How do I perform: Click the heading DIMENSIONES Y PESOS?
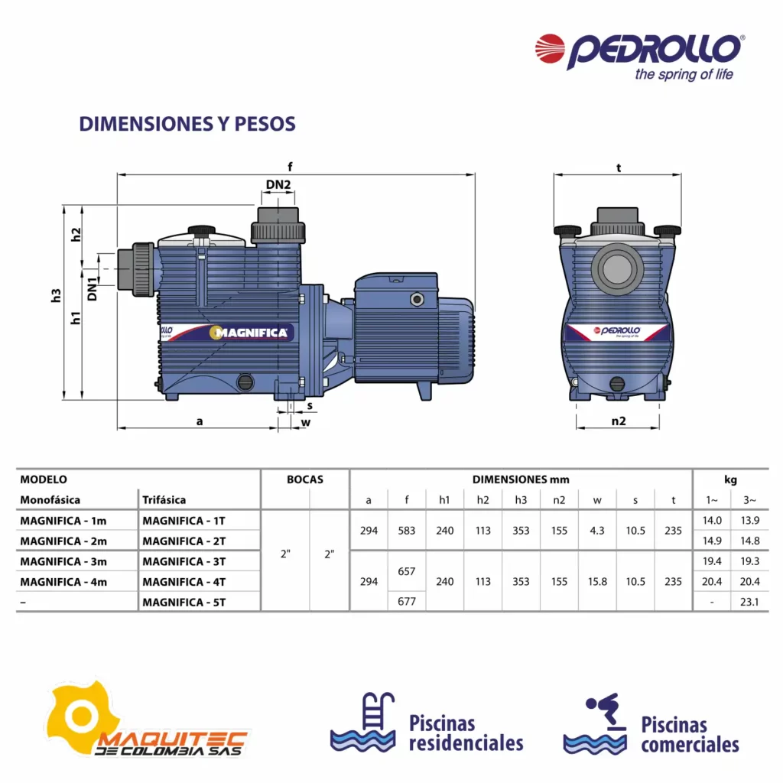187,124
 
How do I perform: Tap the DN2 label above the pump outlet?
278,185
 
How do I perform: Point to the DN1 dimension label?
92,289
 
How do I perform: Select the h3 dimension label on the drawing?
56,296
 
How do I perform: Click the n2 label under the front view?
618,421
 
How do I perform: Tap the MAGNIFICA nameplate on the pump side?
251,333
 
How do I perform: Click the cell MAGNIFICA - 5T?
184,603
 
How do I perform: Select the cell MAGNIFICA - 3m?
63,561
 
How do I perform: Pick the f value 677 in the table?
407,602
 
